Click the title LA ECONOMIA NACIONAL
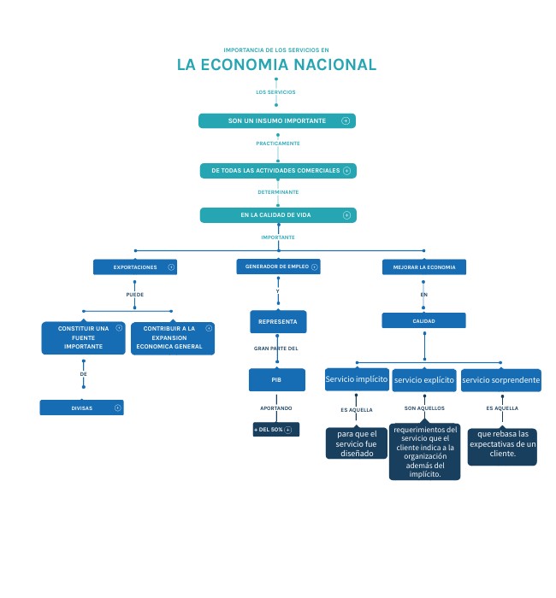pos(276,65)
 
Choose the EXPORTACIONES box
pos(135,267)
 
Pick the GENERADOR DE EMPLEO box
pos(277,267)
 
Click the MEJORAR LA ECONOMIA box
pos(423,267)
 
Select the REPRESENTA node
pos(277,322)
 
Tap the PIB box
pos(276,379)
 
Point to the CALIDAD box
pos(423,321)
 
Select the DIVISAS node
pos(82,408)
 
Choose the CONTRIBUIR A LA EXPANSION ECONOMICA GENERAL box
pos(172,337)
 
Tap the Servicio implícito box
pos(357,378)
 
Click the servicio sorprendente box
pos(500,379)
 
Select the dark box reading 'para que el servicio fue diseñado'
pos(356,443)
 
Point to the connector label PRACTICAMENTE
pos(278,144)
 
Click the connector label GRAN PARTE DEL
pos(276,349)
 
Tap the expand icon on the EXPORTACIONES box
pos(171,267)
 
